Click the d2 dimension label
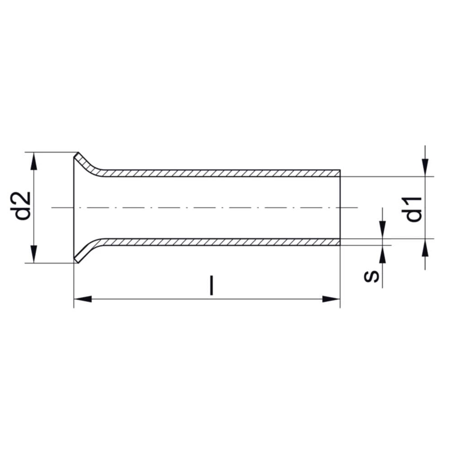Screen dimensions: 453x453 point(23,206)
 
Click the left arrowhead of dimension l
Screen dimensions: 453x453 point(82,299)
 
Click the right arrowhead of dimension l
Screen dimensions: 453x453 point(331,299)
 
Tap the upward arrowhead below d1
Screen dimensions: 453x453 point(425,248)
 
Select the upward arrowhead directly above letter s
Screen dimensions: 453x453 point(383,255)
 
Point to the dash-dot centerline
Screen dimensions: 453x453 point(204,207)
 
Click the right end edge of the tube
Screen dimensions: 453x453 point(340,207)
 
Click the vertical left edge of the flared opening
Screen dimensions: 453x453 point(74,207)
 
